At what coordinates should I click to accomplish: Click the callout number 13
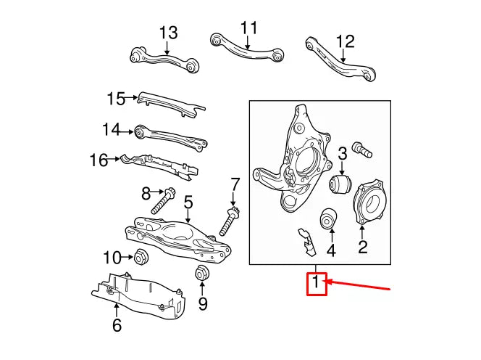point(167,33)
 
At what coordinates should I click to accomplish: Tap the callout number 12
point(345,41)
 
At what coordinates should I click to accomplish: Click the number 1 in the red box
point(317,282)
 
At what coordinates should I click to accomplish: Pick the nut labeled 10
point(141,256)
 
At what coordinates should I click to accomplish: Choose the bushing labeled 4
point(329,217)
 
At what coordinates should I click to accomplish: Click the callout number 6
point(117,326)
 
